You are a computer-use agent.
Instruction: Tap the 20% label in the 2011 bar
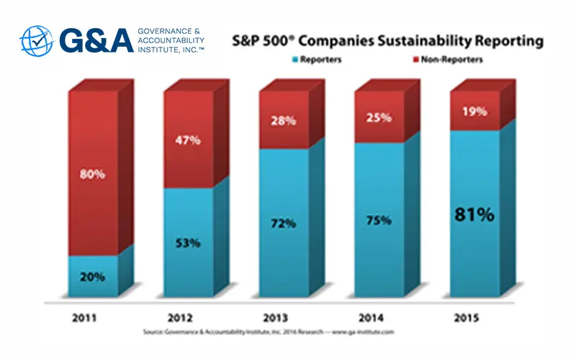[93, 276]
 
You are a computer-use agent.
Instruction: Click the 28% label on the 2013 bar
[284, 120]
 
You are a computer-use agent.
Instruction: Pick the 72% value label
[284, 223]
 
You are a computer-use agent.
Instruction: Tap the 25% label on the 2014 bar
[379, 117]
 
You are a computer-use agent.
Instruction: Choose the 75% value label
[379, 220]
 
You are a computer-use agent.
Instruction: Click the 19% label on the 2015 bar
[474, 112]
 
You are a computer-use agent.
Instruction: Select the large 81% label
[474, 214]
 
